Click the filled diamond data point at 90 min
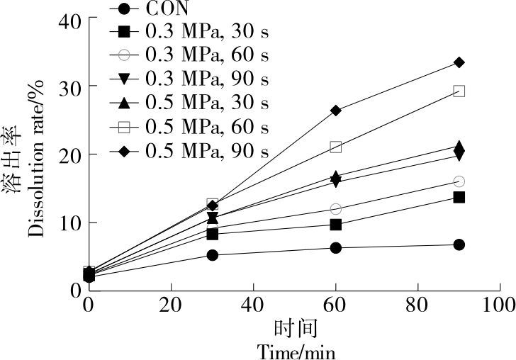459,62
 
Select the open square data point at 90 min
459,91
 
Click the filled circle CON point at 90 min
459,244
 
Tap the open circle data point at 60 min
336,209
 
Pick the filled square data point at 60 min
336,225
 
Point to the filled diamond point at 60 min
336,111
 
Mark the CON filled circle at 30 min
213,255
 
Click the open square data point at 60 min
336,147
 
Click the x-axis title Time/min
296,351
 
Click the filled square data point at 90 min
459,197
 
